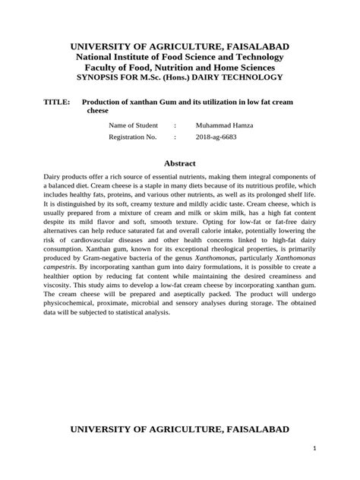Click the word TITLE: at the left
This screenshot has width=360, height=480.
(57, 101)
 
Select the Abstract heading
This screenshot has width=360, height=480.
(180, 163)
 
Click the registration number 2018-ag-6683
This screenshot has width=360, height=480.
(216, 137)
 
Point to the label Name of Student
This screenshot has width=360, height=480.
(133, 125)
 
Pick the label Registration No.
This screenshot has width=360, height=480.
(132, 137)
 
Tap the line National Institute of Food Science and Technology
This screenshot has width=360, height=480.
(180, 57)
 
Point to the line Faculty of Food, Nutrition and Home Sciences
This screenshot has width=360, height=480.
(180, 67)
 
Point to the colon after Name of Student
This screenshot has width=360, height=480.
(175, 125)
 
